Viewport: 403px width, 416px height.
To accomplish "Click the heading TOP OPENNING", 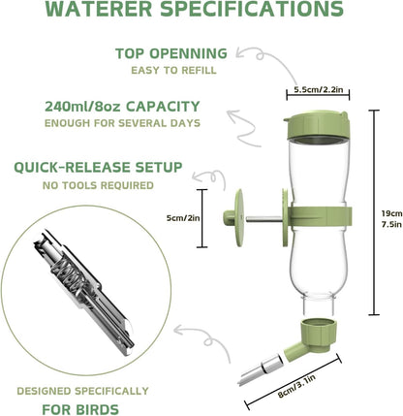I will coord(170,53).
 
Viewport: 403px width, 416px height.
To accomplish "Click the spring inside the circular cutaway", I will coord(60,268).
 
